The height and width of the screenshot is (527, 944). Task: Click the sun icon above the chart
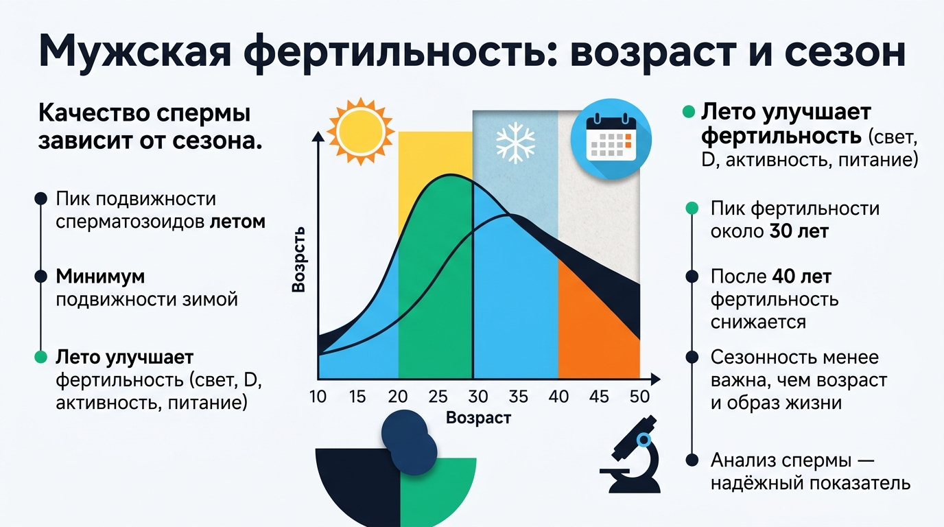pyautogui.click(x=361, y=131)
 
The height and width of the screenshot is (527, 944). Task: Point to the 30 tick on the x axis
pyautogui.click(x=478, y=397)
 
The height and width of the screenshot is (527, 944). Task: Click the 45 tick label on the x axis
pyautogui.click(x=600, y=397)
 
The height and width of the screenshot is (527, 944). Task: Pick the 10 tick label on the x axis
pyautogui.click(x=318, y=397)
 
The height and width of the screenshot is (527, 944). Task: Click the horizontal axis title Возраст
pyautogui.click(x=478, y=418)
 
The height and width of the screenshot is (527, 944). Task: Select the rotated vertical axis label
pyautogui.click(x=298, y=259)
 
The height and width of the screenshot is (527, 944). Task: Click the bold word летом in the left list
pyautogui.click(x=237, y=222)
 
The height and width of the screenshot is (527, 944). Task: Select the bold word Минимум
pyautogui.click(x=100, y=277)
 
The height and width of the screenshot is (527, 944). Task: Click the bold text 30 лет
pyautogui.click(x=799, y=231)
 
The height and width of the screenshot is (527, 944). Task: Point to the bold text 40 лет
pyautogui.click(x=801, y=277)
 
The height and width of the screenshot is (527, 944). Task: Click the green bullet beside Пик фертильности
pyautogui.click(x=692, y=208)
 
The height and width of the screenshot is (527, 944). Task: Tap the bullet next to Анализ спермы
pyautogui.click(x=692, y=460)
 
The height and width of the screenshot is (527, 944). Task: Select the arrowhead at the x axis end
pyautogui.click(x=655, y=379)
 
